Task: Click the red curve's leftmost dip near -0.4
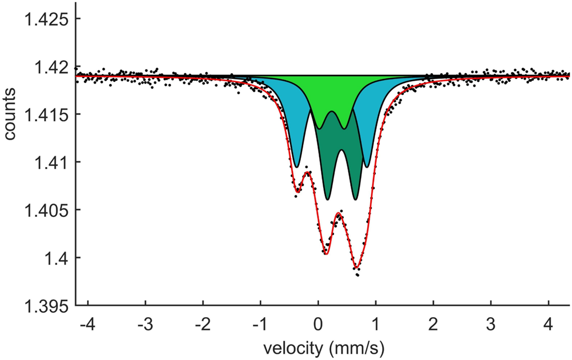(x=297, y=191)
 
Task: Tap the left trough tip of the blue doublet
(x=296, y=167)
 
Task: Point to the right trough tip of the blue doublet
(x=367, y=167)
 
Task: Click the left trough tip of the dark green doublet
(x=327, y=199)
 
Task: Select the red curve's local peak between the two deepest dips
(x=340, y=214)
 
